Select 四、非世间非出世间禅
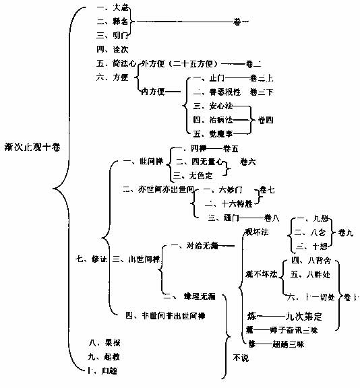(x=165, y=315)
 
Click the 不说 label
(x=239, y=357)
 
